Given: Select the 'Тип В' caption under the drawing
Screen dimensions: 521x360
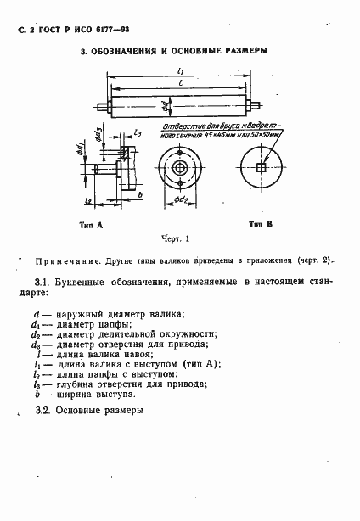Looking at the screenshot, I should [260, 225].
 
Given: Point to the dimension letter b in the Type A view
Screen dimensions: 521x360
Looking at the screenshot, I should [138, 195].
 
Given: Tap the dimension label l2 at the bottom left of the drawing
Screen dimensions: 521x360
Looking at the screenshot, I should [89, 200].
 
